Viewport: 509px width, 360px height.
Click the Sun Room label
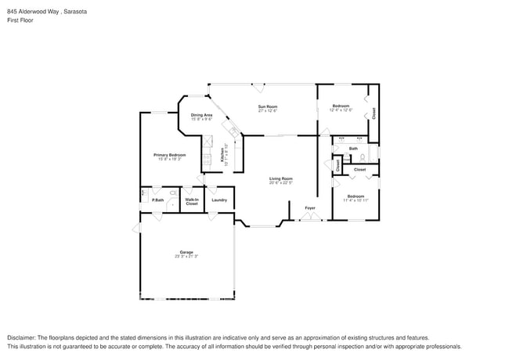pyautogui.click(x=269, y=106)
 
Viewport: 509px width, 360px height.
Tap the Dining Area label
pyautogui.click(x=201, y=115)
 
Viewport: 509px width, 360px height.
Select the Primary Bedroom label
pyautogui.click(x=169, y=155)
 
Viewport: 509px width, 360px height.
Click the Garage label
pyautogui.click(x=186, y=252)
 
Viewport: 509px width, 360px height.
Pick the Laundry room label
pyautogui.click(x=219, y=200)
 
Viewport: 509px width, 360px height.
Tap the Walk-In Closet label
pyautogui.click(x=191, y=201)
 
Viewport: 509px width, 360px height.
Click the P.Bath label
pyautogui.click(x=157, y=200)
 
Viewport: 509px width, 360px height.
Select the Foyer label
pyautogui.click(x=310, y=207)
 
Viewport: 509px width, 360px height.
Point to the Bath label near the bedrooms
pyautogui.click(x=353, y=148)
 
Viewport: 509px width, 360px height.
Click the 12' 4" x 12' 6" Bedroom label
pyautogui.click(x=340, y=106)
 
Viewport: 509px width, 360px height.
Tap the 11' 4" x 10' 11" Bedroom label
pyautogui.click(x=356, y=196)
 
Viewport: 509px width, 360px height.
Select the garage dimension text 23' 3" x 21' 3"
pyautogui.click(x=186, y=257)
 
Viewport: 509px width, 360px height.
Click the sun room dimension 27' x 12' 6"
pyautogui.click(x=269, y=110)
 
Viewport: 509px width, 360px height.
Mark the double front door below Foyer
pyautogui.click(x=311, y=217)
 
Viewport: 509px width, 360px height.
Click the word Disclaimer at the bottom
pyautogui.click(x=22, y=336)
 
